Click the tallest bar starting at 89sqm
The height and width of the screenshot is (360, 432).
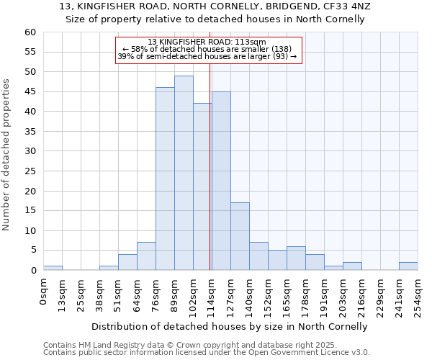pyautogui.click(x=184, y=173)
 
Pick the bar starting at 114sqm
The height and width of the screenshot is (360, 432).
pyautogui.click(x=221, y=181)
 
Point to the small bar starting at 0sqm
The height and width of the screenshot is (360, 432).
pyautogui.click(x=53, y=268)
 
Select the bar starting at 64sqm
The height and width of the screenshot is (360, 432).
pyautogui.click(x=146, y=256)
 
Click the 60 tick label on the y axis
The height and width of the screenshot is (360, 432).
pyautogui.click(x=30, y=32)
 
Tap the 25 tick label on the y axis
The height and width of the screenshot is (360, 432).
pyautogui.click(x=30, y=171)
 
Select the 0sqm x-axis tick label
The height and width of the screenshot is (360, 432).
pyautogui.click(x=44, y=292)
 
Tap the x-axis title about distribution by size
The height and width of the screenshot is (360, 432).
pyautogui.click(x=230, y=326)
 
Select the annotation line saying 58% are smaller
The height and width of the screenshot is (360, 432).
pyautogui.click(x=207, y=49)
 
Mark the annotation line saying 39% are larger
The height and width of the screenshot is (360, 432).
pyautogui.click(x=207, y=56)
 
